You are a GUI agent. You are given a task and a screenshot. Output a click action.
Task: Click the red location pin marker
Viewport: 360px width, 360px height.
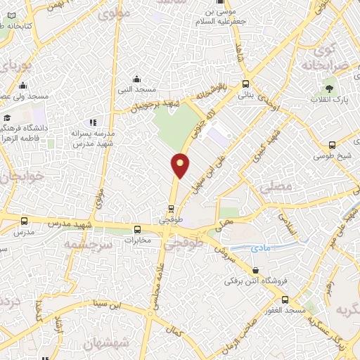181,165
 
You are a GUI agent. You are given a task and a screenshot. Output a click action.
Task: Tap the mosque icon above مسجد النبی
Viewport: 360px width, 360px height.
137,79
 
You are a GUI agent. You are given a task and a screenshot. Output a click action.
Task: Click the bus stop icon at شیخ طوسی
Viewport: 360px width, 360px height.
332,145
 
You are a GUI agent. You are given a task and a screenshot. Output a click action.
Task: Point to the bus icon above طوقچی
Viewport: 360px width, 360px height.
171,208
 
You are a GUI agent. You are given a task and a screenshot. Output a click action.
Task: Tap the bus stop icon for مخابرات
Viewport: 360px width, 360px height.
137,229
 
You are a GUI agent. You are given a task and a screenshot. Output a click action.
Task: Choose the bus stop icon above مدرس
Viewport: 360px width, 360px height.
25,220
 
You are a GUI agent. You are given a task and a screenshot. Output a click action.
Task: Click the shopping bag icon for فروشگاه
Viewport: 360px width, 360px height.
255,270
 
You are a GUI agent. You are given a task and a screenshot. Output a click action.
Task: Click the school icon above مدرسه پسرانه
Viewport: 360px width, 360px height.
91,122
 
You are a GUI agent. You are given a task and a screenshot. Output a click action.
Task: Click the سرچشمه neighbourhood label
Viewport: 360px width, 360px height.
89,244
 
